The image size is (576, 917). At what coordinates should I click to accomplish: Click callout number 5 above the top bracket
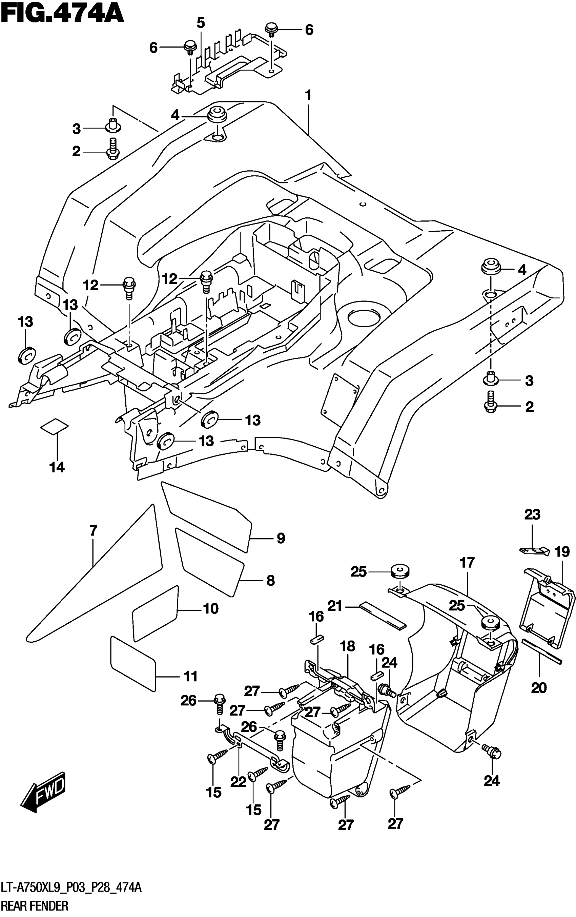tap(201, 23)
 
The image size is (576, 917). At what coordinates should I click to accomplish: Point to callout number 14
tap(57, 467)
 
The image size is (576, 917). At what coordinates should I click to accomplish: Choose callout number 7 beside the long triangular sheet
tap(93, 530)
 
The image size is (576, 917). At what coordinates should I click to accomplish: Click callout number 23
tap(532, 514)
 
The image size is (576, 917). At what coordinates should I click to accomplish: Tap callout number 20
tap(539, 688)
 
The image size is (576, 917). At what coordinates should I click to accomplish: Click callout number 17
tap(467, 563)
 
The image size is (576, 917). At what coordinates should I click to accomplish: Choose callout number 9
tap(281, 538)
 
